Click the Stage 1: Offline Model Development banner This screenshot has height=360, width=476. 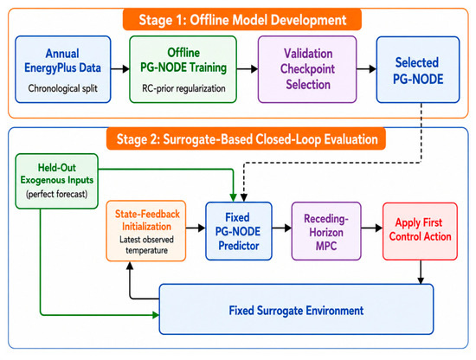pos(242,20)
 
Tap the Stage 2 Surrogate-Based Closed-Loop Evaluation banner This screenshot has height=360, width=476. pos(246,139)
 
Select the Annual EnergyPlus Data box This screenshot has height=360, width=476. pos(63,69)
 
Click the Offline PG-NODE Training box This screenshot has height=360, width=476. pos(183,69)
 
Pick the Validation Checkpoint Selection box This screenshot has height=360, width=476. pos(307,69)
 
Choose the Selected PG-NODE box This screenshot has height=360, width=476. pos(418,70)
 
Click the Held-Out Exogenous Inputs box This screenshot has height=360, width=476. pos(57,181)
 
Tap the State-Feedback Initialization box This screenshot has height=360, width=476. pos(146,231)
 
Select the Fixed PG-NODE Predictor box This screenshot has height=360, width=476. pos(239,231)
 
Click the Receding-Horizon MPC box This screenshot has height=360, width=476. pos(326,231)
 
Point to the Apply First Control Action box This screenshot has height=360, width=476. pos(420,231)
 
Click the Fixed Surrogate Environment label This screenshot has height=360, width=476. pos(296,311)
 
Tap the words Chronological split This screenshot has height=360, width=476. pos(63,88)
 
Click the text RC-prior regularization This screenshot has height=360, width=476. pos(183,88)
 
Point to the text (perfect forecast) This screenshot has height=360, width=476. pos(57,194)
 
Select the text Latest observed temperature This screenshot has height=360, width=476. pos(146,245)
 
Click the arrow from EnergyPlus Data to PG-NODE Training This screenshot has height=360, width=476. pos(120,69)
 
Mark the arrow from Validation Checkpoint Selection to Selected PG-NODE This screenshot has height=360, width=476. pos(366,69)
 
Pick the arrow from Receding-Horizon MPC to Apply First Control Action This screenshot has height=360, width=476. pos(372,228)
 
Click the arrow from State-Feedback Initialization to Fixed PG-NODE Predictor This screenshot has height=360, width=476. pos(196,228)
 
